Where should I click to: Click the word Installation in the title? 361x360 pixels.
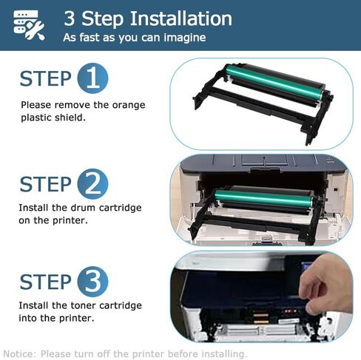(176, 18)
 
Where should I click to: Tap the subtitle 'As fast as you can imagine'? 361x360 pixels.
(134, 37)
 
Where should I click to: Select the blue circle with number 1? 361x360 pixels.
(92, 79)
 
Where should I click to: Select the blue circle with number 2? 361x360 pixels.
(92, 183)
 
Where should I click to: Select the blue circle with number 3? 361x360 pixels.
(92, 282)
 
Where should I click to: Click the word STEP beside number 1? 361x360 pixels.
(45, 79)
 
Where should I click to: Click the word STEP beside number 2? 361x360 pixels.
(45, 183)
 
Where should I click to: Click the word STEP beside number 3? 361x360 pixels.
(45, 282)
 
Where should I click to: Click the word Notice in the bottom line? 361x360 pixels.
(19, 353)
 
